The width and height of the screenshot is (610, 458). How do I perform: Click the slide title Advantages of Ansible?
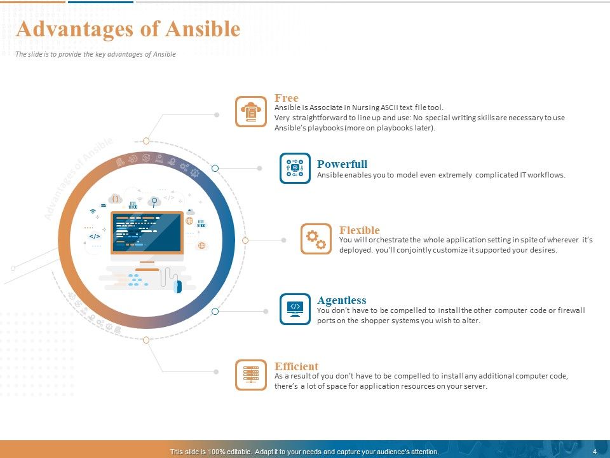click(x=128, y=29)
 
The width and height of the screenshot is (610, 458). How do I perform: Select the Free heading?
click(x=287, y=98)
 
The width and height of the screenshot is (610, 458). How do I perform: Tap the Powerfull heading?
click(x=342, y=164)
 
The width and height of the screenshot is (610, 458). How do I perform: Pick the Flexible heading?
click(x=360, y=230)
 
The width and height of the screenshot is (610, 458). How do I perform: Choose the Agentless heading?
click(x=342, y=300)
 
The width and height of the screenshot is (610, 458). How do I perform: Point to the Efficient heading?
click(x=297, y=366)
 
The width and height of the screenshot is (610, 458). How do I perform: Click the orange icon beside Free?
click(x=251, y=112)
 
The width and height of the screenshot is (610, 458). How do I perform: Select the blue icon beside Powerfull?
click(x=295, y=168)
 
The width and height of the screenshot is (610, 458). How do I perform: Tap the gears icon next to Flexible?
click(x=316, y=239)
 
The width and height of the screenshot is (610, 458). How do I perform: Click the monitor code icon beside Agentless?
click(x=295, y=309)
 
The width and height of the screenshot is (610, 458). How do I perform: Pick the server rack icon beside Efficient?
click(x=251, y=375)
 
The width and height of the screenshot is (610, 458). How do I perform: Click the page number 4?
click(x=594, y=452)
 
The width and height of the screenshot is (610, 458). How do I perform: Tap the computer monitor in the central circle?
click(x=147, y=233)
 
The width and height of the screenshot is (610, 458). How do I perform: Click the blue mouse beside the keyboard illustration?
click(x=179, y=287)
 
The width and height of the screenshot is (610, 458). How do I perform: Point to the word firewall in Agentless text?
click(x=571, y=310)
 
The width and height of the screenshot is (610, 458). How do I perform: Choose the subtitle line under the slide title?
click(x=95, y=54)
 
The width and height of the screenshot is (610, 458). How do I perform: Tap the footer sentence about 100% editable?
click(x=304, y=452)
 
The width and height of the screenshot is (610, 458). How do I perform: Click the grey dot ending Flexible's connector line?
click(x=284, y=240)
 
